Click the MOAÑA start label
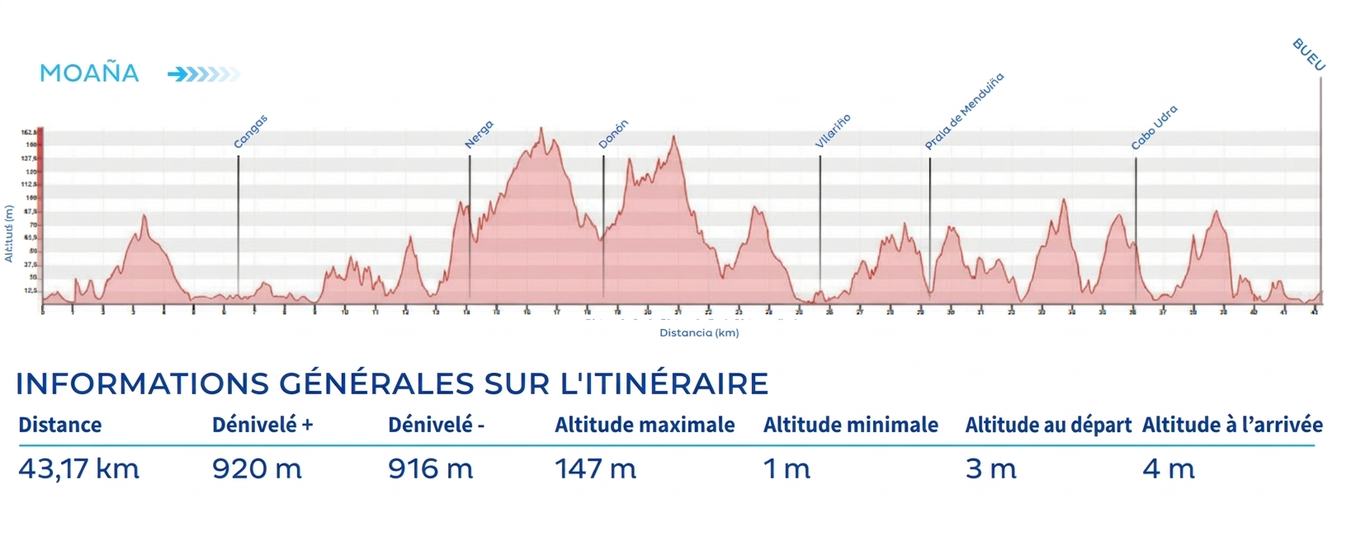[x=89, y=73]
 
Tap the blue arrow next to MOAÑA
[x=202, y=75]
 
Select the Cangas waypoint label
[x=250, y=132]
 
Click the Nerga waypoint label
[x=479, y=134]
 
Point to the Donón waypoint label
[x=613, y=134]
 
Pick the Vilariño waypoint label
[x=832, y=131]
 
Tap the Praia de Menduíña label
[x=963, y=111]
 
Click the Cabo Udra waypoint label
[x=1154, y=128]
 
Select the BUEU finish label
[x=1308, y=54]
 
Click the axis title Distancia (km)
[x=699, y=333]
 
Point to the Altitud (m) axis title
[x=9, y=233]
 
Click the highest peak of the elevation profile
[x=541, y=129]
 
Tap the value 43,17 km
[x=79, y=469]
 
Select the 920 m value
[x=257, y=469]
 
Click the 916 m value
[x=430, y=469]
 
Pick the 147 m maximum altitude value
[x=595, y=469]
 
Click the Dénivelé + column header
[x=262, y=425]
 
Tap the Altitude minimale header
[x=850, y=425]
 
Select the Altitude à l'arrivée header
[x=1232, y=425]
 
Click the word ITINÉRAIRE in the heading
[x=664, y=383]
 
